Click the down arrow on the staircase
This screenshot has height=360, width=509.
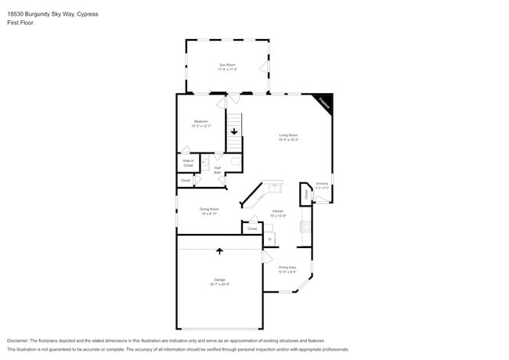coord(233,132)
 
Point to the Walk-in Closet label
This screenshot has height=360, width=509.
coord(188,164)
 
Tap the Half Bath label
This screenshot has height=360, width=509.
coord(217,170)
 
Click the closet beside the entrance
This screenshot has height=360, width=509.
coord(305,194)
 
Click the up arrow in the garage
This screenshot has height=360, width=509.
coord(219,251)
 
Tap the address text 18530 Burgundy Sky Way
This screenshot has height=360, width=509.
coord(47,13)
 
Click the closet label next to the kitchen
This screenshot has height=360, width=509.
coord(252,229)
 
